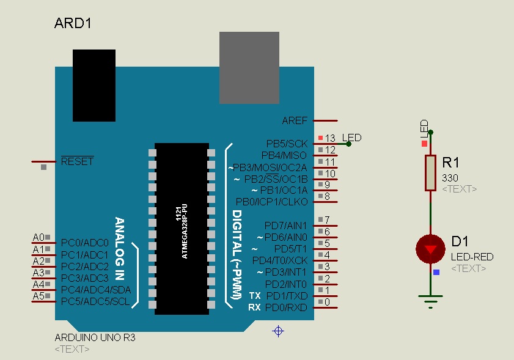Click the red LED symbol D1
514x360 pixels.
tap(431, 249)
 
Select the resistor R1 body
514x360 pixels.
tap(431, 173)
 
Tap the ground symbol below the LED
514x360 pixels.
tap(431, 300)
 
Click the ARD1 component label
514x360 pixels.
tap(73, 24)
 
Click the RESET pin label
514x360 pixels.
tap(77, 162)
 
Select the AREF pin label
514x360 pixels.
tap(295, 120)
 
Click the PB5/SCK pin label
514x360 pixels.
tap(287, 144)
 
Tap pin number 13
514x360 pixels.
tap(331, 138)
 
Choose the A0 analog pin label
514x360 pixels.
tap(39, 237)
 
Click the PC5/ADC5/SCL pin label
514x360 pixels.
tap(95, 301)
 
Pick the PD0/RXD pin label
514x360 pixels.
tap(286, 307)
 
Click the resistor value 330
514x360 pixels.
tap(450, 177)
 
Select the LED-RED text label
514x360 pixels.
tap(472, 257)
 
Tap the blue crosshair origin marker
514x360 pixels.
tap(278, 331)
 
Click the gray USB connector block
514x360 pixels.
tap(249, 68)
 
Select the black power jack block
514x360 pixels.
tap(94, 86)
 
